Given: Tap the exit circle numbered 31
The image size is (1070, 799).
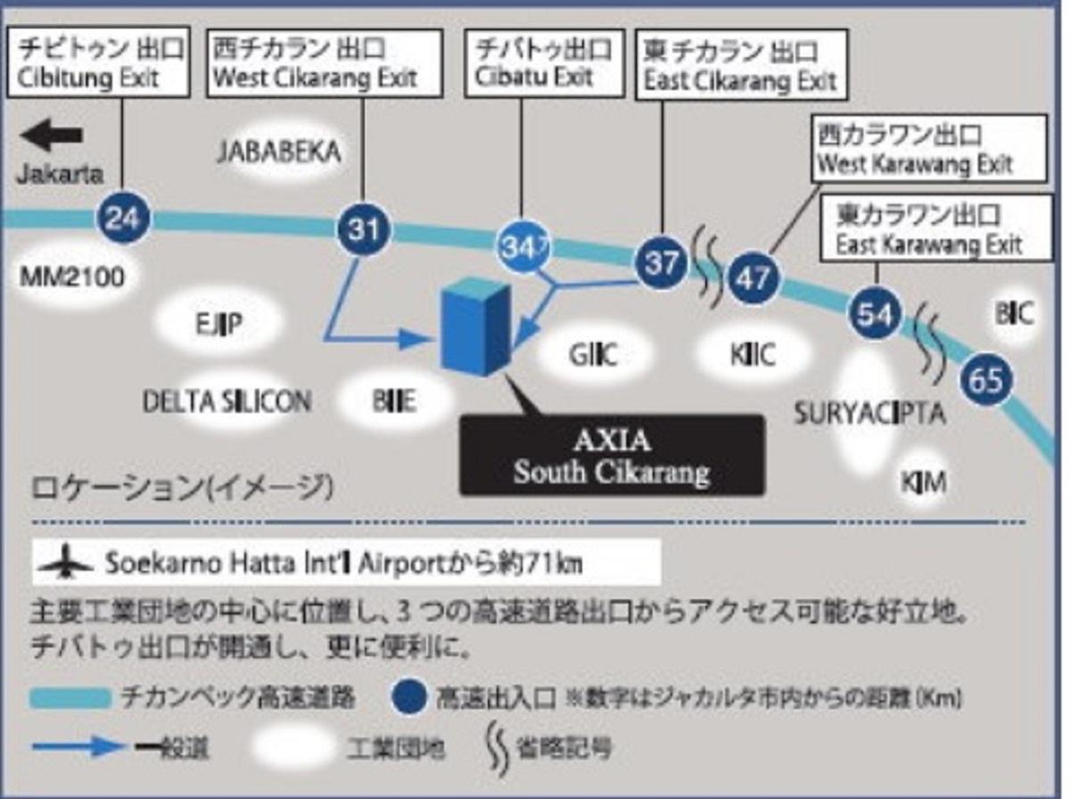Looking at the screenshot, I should click(364, 230).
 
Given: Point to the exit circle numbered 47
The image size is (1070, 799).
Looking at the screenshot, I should click(753, 279).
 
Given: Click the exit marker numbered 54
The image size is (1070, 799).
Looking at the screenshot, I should click(875, 313).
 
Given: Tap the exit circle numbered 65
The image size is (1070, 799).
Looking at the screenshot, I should click(987, 381).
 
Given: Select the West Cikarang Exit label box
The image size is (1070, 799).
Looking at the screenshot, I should click(325, 62).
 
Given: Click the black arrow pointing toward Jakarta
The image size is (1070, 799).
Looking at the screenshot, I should click(52, 137).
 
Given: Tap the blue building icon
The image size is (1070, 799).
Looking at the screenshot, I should click(476, 328).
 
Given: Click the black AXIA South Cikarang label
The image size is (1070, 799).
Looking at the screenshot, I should click(612, 455).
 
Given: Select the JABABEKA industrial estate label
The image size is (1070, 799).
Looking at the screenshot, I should click(279, 152).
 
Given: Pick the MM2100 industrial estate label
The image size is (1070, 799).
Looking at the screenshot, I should click(72, 278).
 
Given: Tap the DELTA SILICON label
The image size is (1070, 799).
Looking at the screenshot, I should click(227, 401).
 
